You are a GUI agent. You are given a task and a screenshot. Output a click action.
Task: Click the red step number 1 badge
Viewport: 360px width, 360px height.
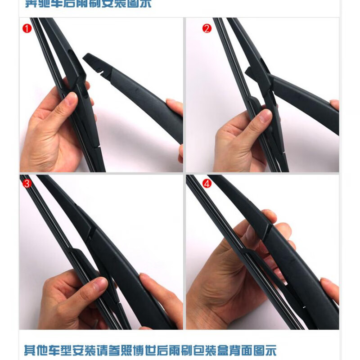point(27,29)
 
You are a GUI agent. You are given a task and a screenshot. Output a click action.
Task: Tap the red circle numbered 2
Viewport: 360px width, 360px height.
point(207,29)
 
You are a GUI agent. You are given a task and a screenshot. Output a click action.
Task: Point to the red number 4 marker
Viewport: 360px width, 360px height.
point(207,184)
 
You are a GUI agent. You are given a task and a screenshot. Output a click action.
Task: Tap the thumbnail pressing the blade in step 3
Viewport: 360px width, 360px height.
point(97,284)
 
